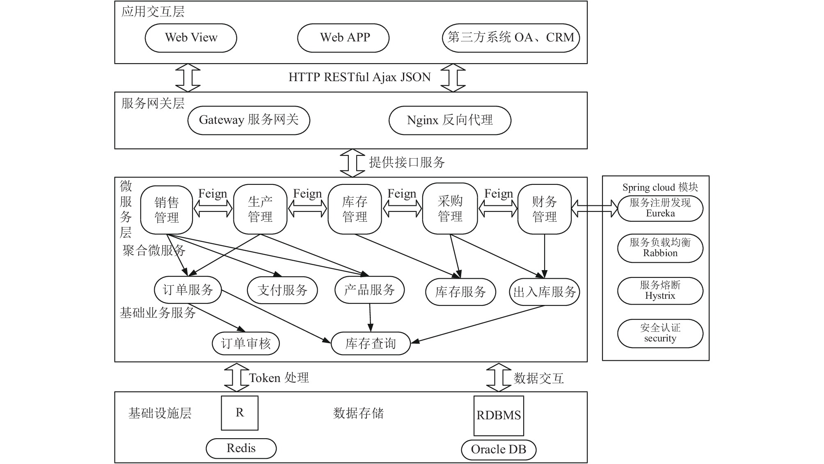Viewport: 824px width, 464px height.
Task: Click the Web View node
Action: (x=191, y=38)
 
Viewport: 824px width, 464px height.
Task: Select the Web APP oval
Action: (x=343, y=38)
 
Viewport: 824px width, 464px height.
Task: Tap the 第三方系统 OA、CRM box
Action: (x=511, y=38)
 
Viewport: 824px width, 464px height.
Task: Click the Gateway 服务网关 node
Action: (x=249, y=120)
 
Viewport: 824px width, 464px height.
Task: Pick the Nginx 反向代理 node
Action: (x=450, y=120)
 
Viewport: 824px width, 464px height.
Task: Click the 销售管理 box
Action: (x=167, y=210)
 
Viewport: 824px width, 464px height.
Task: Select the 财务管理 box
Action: (x=545, y=209)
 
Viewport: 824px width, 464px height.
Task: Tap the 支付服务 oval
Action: (x=282, y=290)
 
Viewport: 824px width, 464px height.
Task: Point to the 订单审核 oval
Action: (x=246, y=343)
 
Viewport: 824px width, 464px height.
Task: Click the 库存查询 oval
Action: (x=371, y=343)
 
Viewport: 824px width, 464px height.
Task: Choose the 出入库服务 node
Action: (x=545, y=292)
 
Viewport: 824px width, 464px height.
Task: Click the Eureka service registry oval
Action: (x=660, y=208)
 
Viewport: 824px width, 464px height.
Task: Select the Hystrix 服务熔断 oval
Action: (x=660, y=291)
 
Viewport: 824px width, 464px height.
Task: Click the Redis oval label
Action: (x=241, y=448)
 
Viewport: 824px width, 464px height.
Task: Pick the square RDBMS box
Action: (x=499, y=416)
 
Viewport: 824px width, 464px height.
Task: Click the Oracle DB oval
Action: (x=499, y=450)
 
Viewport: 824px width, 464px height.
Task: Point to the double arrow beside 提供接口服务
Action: (x=352, y=163)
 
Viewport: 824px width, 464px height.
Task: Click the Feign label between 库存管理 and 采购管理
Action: (x=402, y=193)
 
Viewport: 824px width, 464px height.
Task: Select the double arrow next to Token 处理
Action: (x=237, y=377)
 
